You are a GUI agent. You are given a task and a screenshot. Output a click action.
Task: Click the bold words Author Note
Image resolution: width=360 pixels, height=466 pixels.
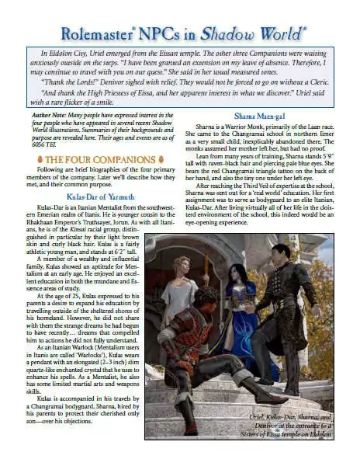click(x=43, y=115)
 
